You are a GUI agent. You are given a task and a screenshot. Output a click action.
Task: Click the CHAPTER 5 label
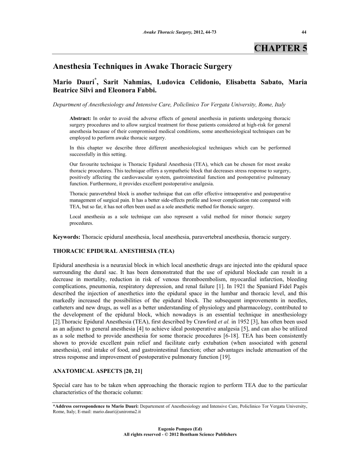coord(281,48)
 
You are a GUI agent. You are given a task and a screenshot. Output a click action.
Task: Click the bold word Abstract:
coord(81,119)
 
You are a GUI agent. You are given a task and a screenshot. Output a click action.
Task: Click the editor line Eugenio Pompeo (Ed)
coord(180,428)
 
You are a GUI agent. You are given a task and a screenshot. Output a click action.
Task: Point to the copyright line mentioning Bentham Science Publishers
coord(180,434)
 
